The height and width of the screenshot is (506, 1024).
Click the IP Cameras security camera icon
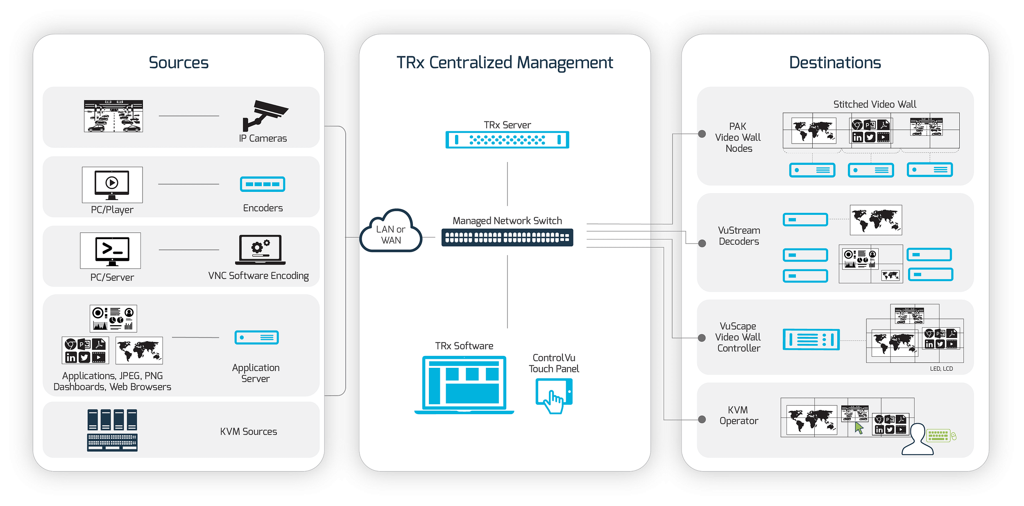[264, 115]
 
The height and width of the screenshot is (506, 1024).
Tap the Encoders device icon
[262, 184]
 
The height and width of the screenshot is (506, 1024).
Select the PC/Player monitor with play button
[112, 185]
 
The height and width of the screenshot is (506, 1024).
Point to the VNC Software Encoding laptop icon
[260, 250]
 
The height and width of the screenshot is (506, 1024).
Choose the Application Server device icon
[256, 337]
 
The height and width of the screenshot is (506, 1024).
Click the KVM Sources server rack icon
[112, 430]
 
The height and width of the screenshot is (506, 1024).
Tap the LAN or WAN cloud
[391, 232]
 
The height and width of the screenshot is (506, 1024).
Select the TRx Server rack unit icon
[507, 140]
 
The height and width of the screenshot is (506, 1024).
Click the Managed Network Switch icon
[507, 237]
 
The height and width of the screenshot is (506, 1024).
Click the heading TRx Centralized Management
[505, 63]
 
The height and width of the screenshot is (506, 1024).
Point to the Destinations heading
[835, 63]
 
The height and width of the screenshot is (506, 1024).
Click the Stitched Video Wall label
[874, 104]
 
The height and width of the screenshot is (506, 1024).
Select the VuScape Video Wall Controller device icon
[811, 340]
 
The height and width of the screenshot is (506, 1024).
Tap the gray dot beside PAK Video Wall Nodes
[702, 134]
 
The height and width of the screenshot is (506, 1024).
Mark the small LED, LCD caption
[941, 369]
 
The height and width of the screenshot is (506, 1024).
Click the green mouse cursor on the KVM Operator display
[859, 428]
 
